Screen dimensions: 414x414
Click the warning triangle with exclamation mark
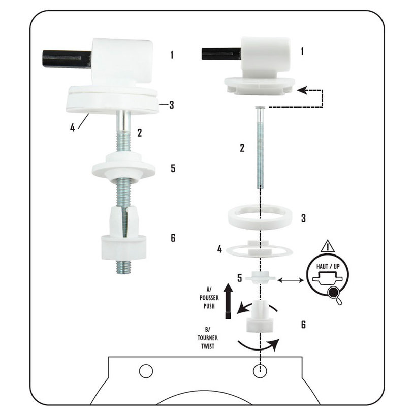coord(328,246)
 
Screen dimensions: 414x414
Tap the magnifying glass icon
coord(335,295)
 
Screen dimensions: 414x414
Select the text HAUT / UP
coord(328,266)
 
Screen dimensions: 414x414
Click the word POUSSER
coord(209,298)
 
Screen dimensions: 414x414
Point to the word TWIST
coord(208,346)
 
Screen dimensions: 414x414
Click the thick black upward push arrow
coord(228,300)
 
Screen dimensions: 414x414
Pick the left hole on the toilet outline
coord(146,371)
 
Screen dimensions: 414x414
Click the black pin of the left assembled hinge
coord(67,58)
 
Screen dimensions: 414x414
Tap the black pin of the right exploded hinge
coord(221,54)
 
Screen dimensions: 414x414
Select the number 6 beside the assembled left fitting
coord(173,238)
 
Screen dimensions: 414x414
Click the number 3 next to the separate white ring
coord(303,218)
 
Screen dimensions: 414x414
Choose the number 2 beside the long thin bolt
coord(242,148)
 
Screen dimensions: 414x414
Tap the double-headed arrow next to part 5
coord(291,280)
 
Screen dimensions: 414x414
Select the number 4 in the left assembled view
coord(72,128)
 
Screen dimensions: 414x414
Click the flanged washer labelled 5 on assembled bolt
coord(123,167)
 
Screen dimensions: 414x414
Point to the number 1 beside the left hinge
coord(172,55)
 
